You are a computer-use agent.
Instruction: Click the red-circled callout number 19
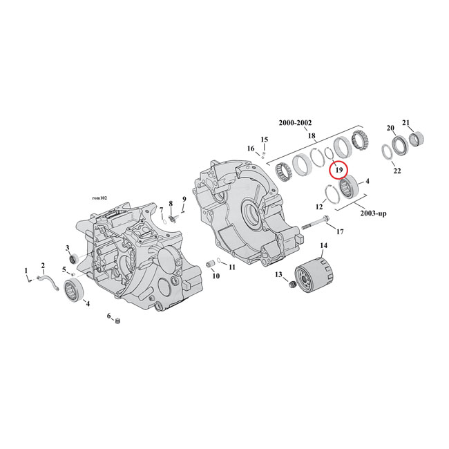click(338, 169)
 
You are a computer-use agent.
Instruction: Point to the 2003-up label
click(373, 213)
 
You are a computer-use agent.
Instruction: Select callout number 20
click(390, 128)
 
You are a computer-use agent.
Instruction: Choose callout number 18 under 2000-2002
click(312, 136)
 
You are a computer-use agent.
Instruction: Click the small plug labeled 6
click(117, 320)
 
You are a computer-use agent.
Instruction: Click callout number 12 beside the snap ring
click(319, 206)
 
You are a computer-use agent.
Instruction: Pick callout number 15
click(263, 139)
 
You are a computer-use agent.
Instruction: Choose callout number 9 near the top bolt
click(184, 200)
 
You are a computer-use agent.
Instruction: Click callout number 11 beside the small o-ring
click(231, 267)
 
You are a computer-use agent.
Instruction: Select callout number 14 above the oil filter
click(323, 245)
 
